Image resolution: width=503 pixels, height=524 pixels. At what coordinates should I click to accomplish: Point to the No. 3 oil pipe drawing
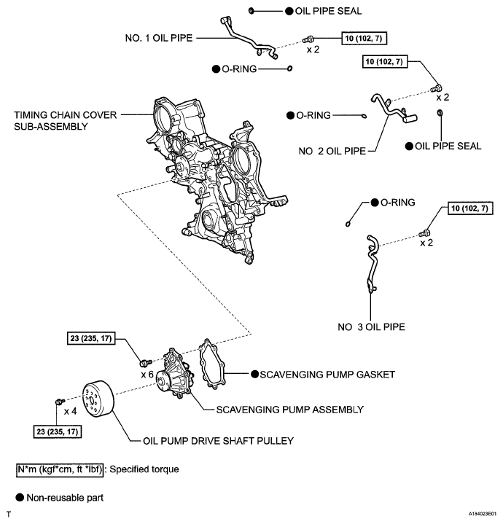(x=370, y=265)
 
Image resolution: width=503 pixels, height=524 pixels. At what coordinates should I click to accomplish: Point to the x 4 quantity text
(x=71, y=410)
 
